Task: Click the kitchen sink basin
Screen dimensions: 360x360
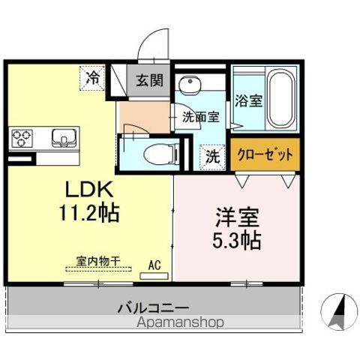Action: [x=64, y=137]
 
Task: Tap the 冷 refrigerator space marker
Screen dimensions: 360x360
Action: [x=93, y=76]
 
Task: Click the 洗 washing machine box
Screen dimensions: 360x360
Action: [x=212, y=157]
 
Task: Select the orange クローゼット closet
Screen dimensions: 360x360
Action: [x=264, y=155]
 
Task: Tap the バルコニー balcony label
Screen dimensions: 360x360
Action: [x=153, y=307]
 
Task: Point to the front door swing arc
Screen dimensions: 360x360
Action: [x=155, y=40]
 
